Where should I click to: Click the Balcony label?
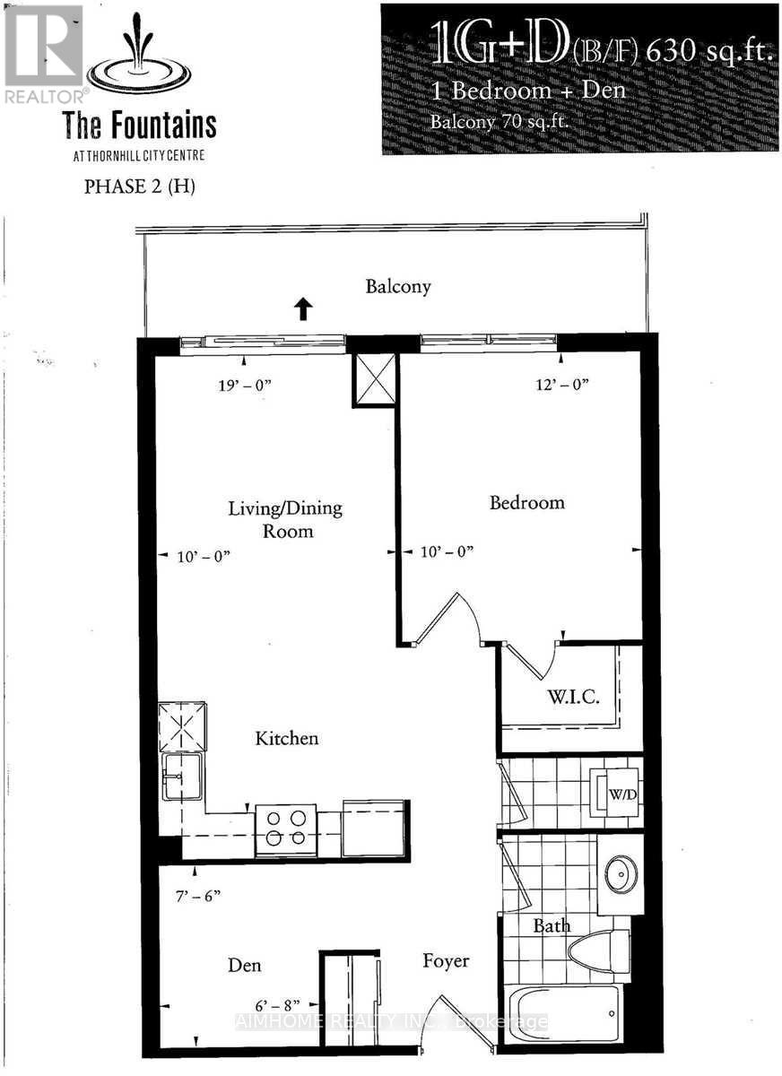click(398, 287)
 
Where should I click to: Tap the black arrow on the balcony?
click(303, 309)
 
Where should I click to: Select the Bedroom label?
click(526, 502)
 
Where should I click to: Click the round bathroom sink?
click(620, 875)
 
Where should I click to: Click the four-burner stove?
click(286, 829)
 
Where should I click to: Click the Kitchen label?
click(287, 739)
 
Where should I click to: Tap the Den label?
click(244, 965)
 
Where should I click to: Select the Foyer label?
click(446, 961)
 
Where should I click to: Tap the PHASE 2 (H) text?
click(139, 187)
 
